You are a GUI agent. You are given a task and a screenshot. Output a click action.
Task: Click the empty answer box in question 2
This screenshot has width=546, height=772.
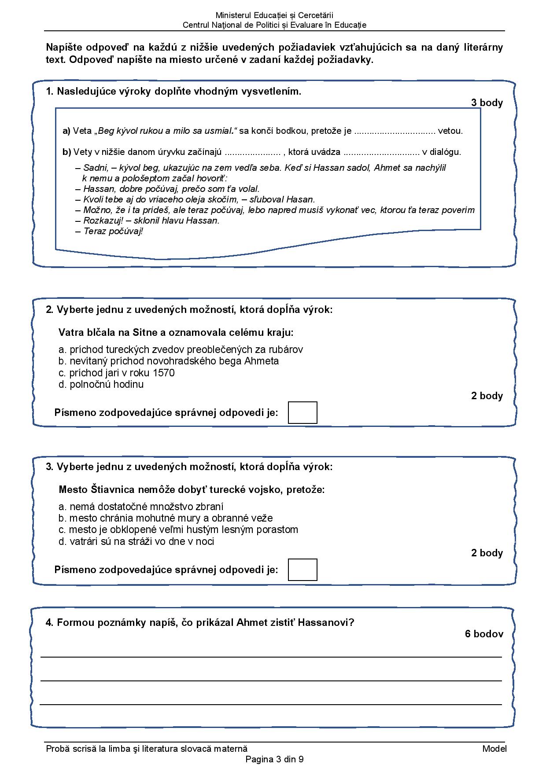pos(303,412)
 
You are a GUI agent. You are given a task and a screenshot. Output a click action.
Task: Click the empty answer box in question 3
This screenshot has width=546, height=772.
pos(303,570)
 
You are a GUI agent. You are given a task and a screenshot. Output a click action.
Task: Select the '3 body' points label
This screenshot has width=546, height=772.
pos(487,103)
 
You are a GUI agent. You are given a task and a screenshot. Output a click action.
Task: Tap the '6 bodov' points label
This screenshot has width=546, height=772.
pos(483,634)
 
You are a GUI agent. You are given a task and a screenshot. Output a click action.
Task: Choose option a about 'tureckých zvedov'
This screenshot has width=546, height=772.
pos(181,349)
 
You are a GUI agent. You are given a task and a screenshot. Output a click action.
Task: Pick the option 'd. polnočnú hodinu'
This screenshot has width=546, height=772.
pos(101,384)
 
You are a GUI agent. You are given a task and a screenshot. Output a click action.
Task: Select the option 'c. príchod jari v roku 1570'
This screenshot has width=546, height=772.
pos(116,373)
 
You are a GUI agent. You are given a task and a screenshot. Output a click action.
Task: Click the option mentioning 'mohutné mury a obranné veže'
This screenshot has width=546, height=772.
pos(166,518)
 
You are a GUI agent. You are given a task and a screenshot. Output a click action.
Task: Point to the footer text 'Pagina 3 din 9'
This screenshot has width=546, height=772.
pos(274,759)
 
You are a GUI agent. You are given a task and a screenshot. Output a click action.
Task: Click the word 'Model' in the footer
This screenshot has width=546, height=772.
pos(494,749)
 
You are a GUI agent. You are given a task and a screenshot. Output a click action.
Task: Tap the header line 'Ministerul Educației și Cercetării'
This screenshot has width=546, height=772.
pos(274,16)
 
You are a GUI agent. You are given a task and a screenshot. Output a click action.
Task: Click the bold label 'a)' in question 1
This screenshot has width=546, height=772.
pos(66,131)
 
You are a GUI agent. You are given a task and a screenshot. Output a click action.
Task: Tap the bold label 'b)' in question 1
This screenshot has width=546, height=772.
pos(66,152)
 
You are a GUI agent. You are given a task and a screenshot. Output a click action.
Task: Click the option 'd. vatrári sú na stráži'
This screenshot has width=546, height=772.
pos(136,541)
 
